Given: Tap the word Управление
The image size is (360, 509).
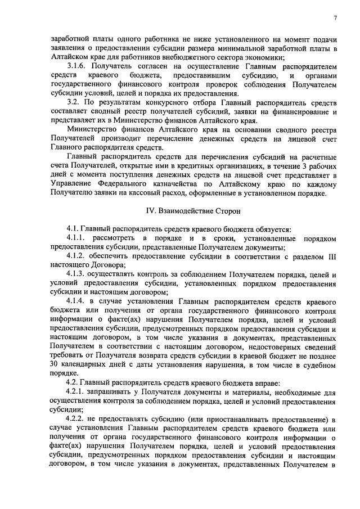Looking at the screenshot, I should click(x=71, y=184).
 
